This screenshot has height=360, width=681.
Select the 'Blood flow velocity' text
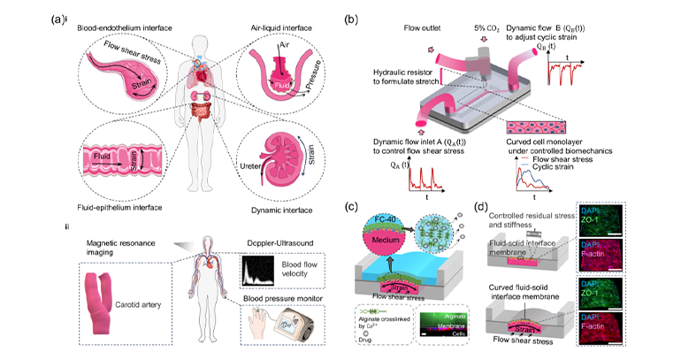(287, 270)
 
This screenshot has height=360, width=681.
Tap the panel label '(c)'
(353, 209)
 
